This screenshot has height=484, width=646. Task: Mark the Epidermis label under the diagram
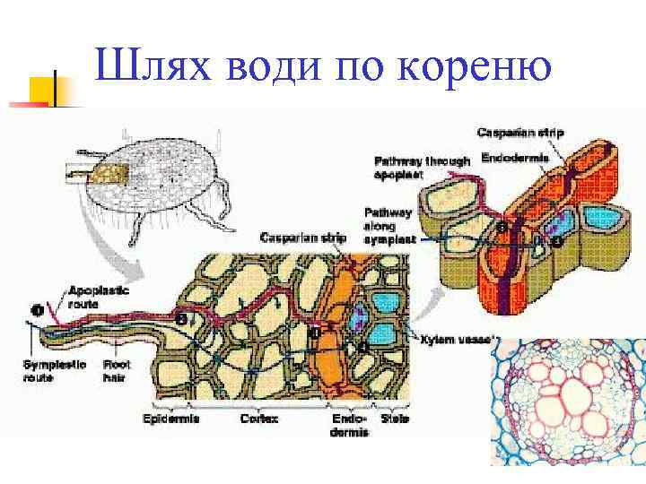click(x=170, y=419)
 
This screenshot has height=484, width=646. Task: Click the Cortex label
click(x=260, y=419)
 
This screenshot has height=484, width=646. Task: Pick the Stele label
click(x=395, y=419)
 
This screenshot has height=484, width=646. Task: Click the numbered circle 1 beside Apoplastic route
click(x=37, y=310)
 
